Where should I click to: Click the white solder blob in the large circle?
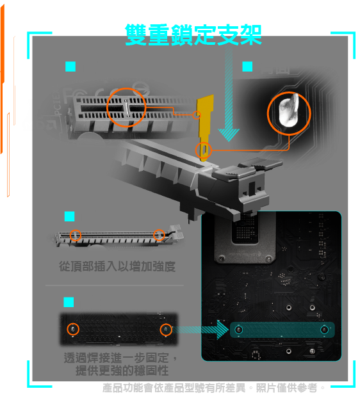pos(289,111)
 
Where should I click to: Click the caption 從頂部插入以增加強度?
pos(117,267)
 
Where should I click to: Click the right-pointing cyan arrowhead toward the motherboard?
pos(222,330)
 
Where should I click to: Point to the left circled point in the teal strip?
pos(238,330)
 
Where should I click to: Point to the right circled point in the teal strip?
pos(324,330)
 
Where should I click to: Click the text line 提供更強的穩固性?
pos(122,370)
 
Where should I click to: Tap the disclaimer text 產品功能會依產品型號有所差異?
pos(174,388)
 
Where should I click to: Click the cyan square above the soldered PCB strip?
pos(69,302)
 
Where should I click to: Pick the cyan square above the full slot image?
pos(69,216)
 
